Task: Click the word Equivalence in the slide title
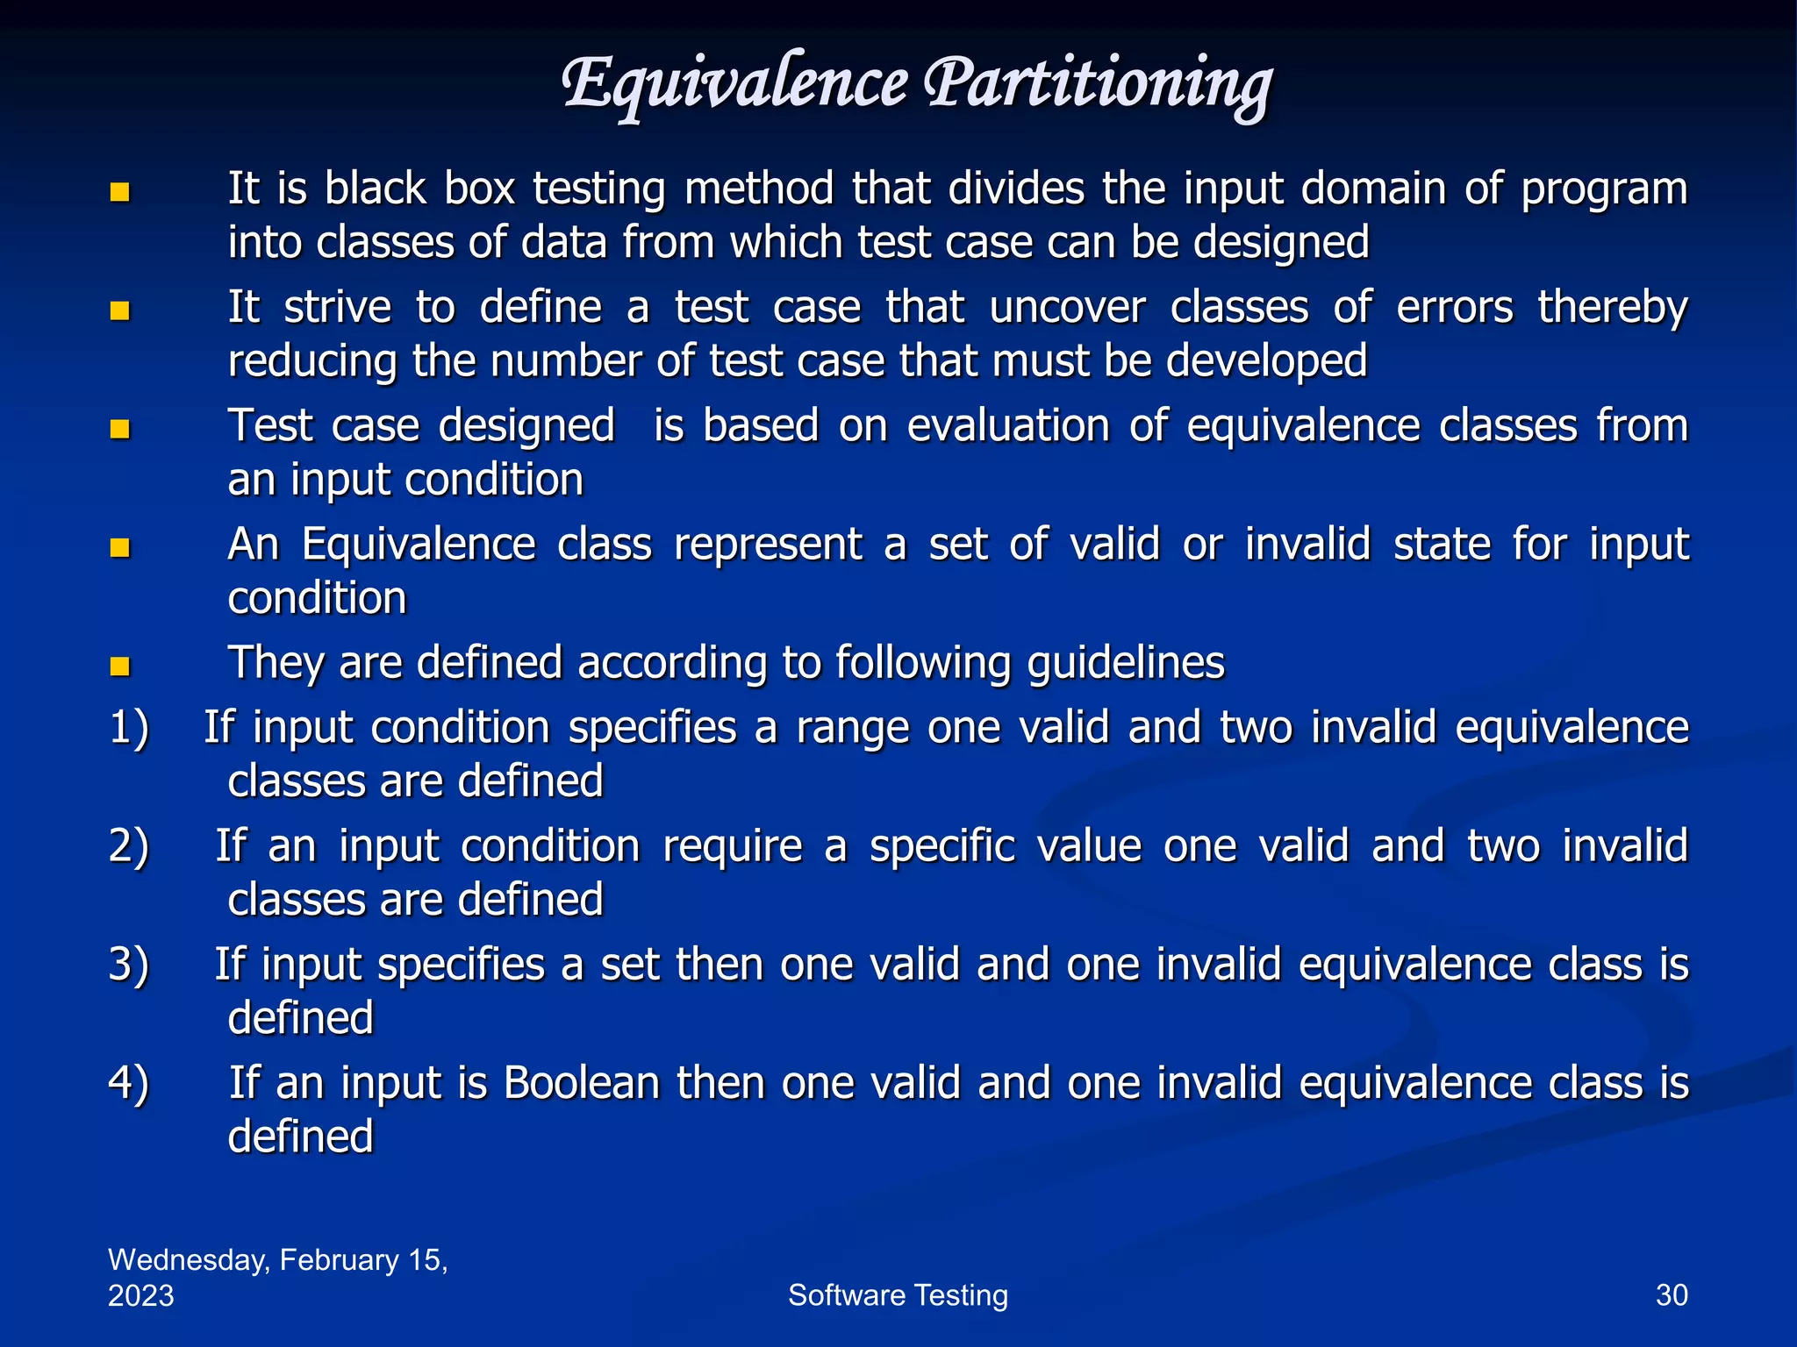pyautogui.click(x=734, y=84)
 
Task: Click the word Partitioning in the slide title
pyautogui.click(x=1097, y=84)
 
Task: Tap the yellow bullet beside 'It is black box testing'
pyautogui.click(x=120, y=192)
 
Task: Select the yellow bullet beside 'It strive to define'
pyautogui.click(x=120, y=310)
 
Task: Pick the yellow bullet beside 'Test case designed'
pyautogui.click(x=120, y=429)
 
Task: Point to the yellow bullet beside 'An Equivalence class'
pyautogui.click(x=120, y=548)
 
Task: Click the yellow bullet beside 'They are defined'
pyautogui.click(x=120, y=666)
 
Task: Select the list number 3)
pyautogui.click(x=129, y=966)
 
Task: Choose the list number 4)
pyautogui.click(x=129, y=1084)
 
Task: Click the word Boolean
pyautogui.click(x=581, y=1083)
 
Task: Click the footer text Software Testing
pyautogui.click(x=898, y=1295)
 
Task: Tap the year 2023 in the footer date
pyautogui.click(x=141, y=1296)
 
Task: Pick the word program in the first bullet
pyautogui.click(x=1604, y=190)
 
